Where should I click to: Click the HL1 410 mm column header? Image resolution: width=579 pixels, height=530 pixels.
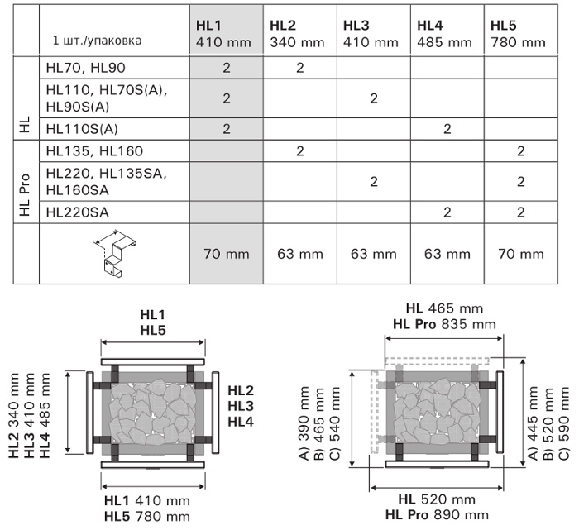tap(223, 34)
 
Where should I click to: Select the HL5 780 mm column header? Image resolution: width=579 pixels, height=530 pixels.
tap(518, 34)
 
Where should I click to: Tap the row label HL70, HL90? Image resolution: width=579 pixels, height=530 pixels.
tap(86, 68)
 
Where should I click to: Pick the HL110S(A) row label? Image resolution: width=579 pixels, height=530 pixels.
tap(82, 129)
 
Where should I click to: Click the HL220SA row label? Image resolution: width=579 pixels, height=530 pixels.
tap(78, 212)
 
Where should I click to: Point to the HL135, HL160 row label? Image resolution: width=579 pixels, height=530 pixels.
tap(94, 151)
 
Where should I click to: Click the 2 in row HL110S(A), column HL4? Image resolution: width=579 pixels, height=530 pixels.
tap(447, 129)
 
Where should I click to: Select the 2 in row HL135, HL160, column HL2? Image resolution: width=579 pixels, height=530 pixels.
tap(299, 151)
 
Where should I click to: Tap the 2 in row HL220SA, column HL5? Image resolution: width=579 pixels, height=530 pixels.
tap(520, 212)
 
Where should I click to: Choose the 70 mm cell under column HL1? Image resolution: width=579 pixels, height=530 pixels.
tap(227, 254)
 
